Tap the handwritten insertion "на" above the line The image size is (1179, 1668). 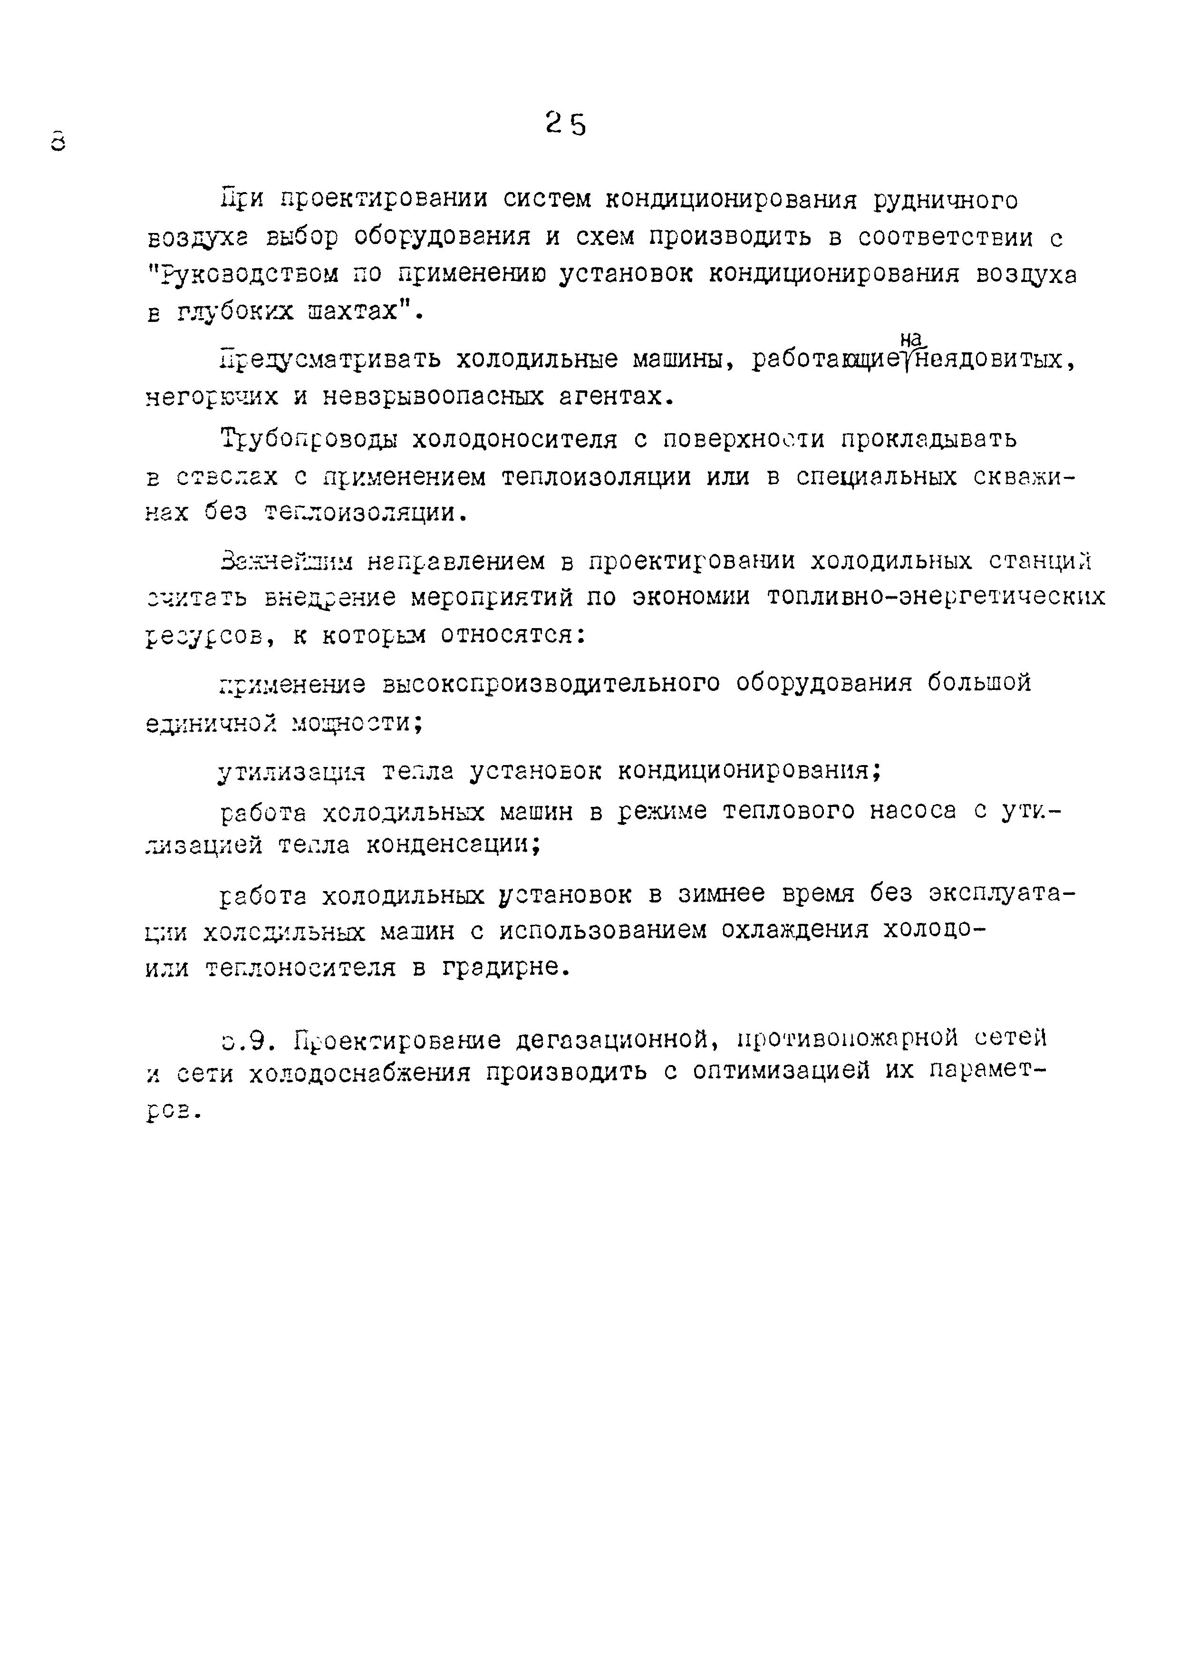click(x=910, y=339)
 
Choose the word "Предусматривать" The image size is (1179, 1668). click(x=330, y=359)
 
